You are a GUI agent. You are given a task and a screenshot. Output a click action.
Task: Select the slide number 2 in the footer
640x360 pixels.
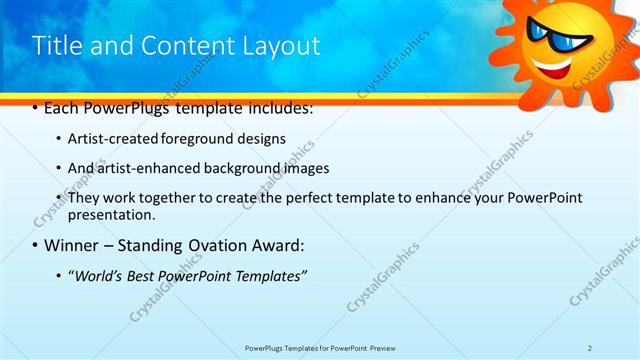[x=590, y=347]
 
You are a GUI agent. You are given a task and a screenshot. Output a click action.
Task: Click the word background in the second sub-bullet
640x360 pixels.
[x=247, y=168]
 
